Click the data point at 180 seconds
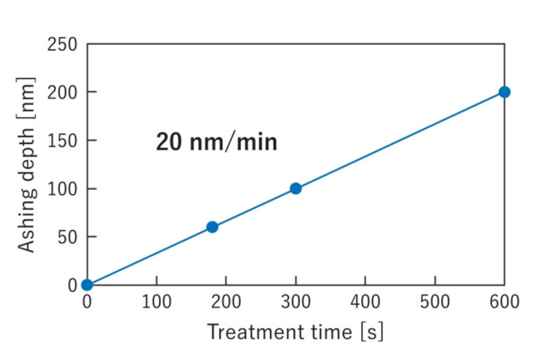pos(212,227)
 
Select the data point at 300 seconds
pos(296,188)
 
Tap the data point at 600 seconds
pos(505,92)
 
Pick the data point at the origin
pos(87,285)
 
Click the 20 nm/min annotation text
pos(216,142)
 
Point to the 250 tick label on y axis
pos(62,44)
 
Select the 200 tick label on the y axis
pos(62,92)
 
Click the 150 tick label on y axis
pos(62,140)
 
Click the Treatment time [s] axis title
pos(295,332)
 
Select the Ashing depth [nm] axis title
pos(27,164)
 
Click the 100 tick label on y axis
pos(62,189)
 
